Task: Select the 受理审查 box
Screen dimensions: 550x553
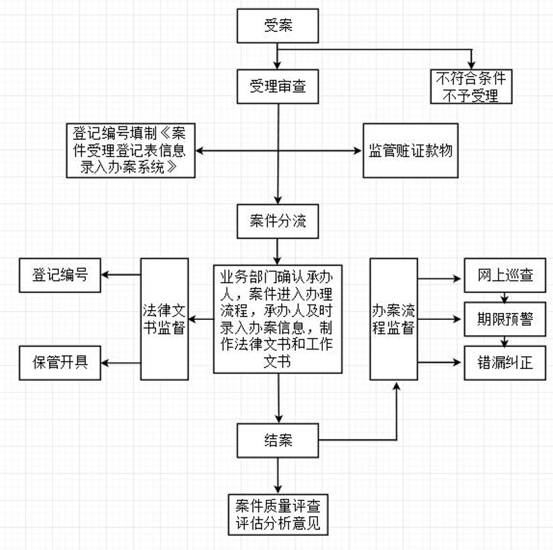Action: coord(278,86)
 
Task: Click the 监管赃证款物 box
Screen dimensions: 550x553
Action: coord(411,150)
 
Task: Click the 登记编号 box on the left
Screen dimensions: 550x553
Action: coord(59,275)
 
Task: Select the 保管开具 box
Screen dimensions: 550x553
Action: coord(59,361)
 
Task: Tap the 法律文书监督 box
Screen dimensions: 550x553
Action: coord(164,319)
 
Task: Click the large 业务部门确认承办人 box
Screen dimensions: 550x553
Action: coord(278,319)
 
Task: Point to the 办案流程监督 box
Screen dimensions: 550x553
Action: coord(393,319)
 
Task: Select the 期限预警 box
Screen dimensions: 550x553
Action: coord(505,319)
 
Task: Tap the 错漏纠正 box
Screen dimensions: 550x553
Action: coord(505,361)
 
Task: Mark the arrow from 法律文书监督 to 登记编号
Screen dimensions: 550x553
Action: coord(121,275)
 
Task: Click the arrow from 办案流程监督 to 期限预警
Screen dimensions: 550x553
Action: coord(440,319)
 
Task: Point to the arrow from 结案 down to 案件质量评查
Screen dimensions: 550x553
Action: coord(278,475)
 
